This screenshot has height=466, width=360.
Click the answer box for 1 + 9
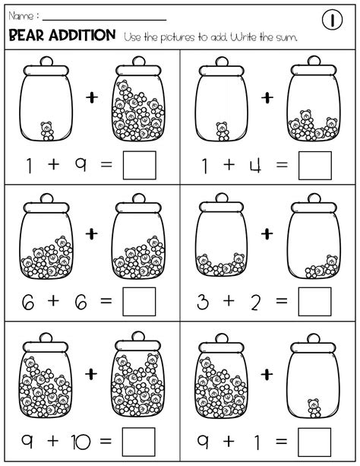point(141,164)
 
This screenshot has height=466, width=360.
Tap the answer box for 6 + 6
point(141,301)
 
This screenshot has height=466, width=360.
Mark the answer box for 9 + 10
point(141,439)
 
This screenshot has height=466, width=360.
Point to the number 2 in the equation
point(255,302)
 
